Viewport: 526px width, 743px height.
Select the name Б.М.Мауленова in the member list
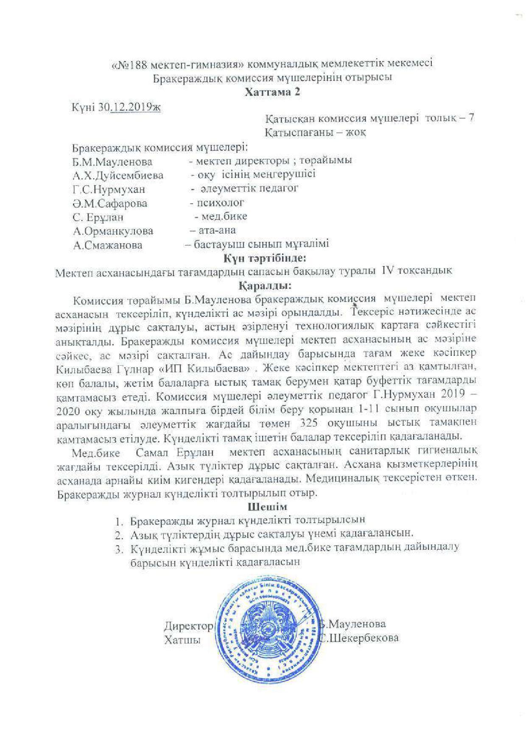click(112, 162)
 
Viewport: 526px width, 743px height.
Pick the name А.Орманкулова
click(113, 231)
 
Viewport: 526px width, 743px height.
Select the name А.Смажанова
click(108, 245)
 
